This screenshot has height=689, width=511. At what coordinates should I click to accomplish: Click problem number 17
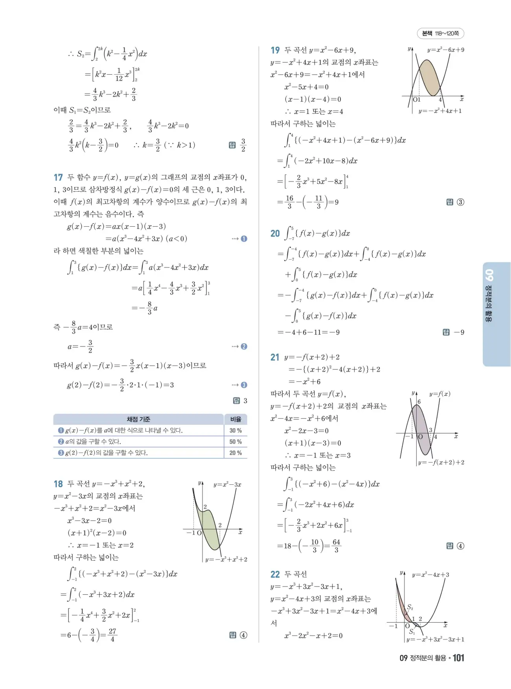[58, 178]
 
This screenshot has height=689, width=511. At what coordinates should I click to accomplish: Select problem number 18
[58, 484]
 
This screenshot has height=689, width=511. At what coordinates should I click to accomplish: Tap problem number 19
[275, 50]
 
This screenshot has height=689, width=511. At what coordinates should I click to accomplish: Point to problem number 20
[275, 234]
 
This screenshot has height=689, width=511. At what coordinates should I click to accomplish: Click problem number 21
[275, 357]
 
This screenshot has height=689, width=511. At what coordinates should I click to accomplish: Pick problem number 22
[275, 575]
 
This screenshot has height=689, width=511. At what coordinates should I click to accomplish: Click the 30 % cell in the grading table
[235, 431]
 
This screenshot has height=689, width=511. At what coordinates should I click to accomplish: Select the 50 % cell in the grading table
[235, 442]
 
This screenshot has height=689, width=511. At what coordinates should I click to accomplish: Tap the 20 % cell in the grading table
[235, 453]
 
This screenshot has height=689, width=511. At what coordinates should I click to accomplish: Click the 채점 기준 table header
[138, 419]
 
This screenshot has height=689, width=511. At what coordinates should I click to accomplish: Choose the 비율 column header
[235, 419]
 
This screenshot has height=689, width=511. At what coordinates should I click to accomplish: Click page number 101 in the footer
[458, 658]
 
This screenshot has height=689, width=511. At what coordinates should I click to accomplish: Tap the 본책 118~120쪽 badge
[440, 33]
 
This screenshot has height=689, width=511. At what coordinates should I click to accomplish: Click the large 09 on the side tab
[489, 275]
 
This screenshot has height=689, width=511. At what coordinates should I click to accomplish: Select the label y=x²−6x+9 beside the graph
[445, 50]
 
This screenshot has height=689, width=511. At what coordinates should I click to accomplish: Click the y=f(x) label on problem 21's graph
[439, 394]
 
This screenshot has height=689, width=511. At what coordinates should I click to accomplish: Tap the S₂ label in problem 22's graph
[410, 607]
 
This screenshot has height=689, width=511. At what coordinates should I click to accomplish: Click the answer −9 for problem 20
[459, 332]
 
